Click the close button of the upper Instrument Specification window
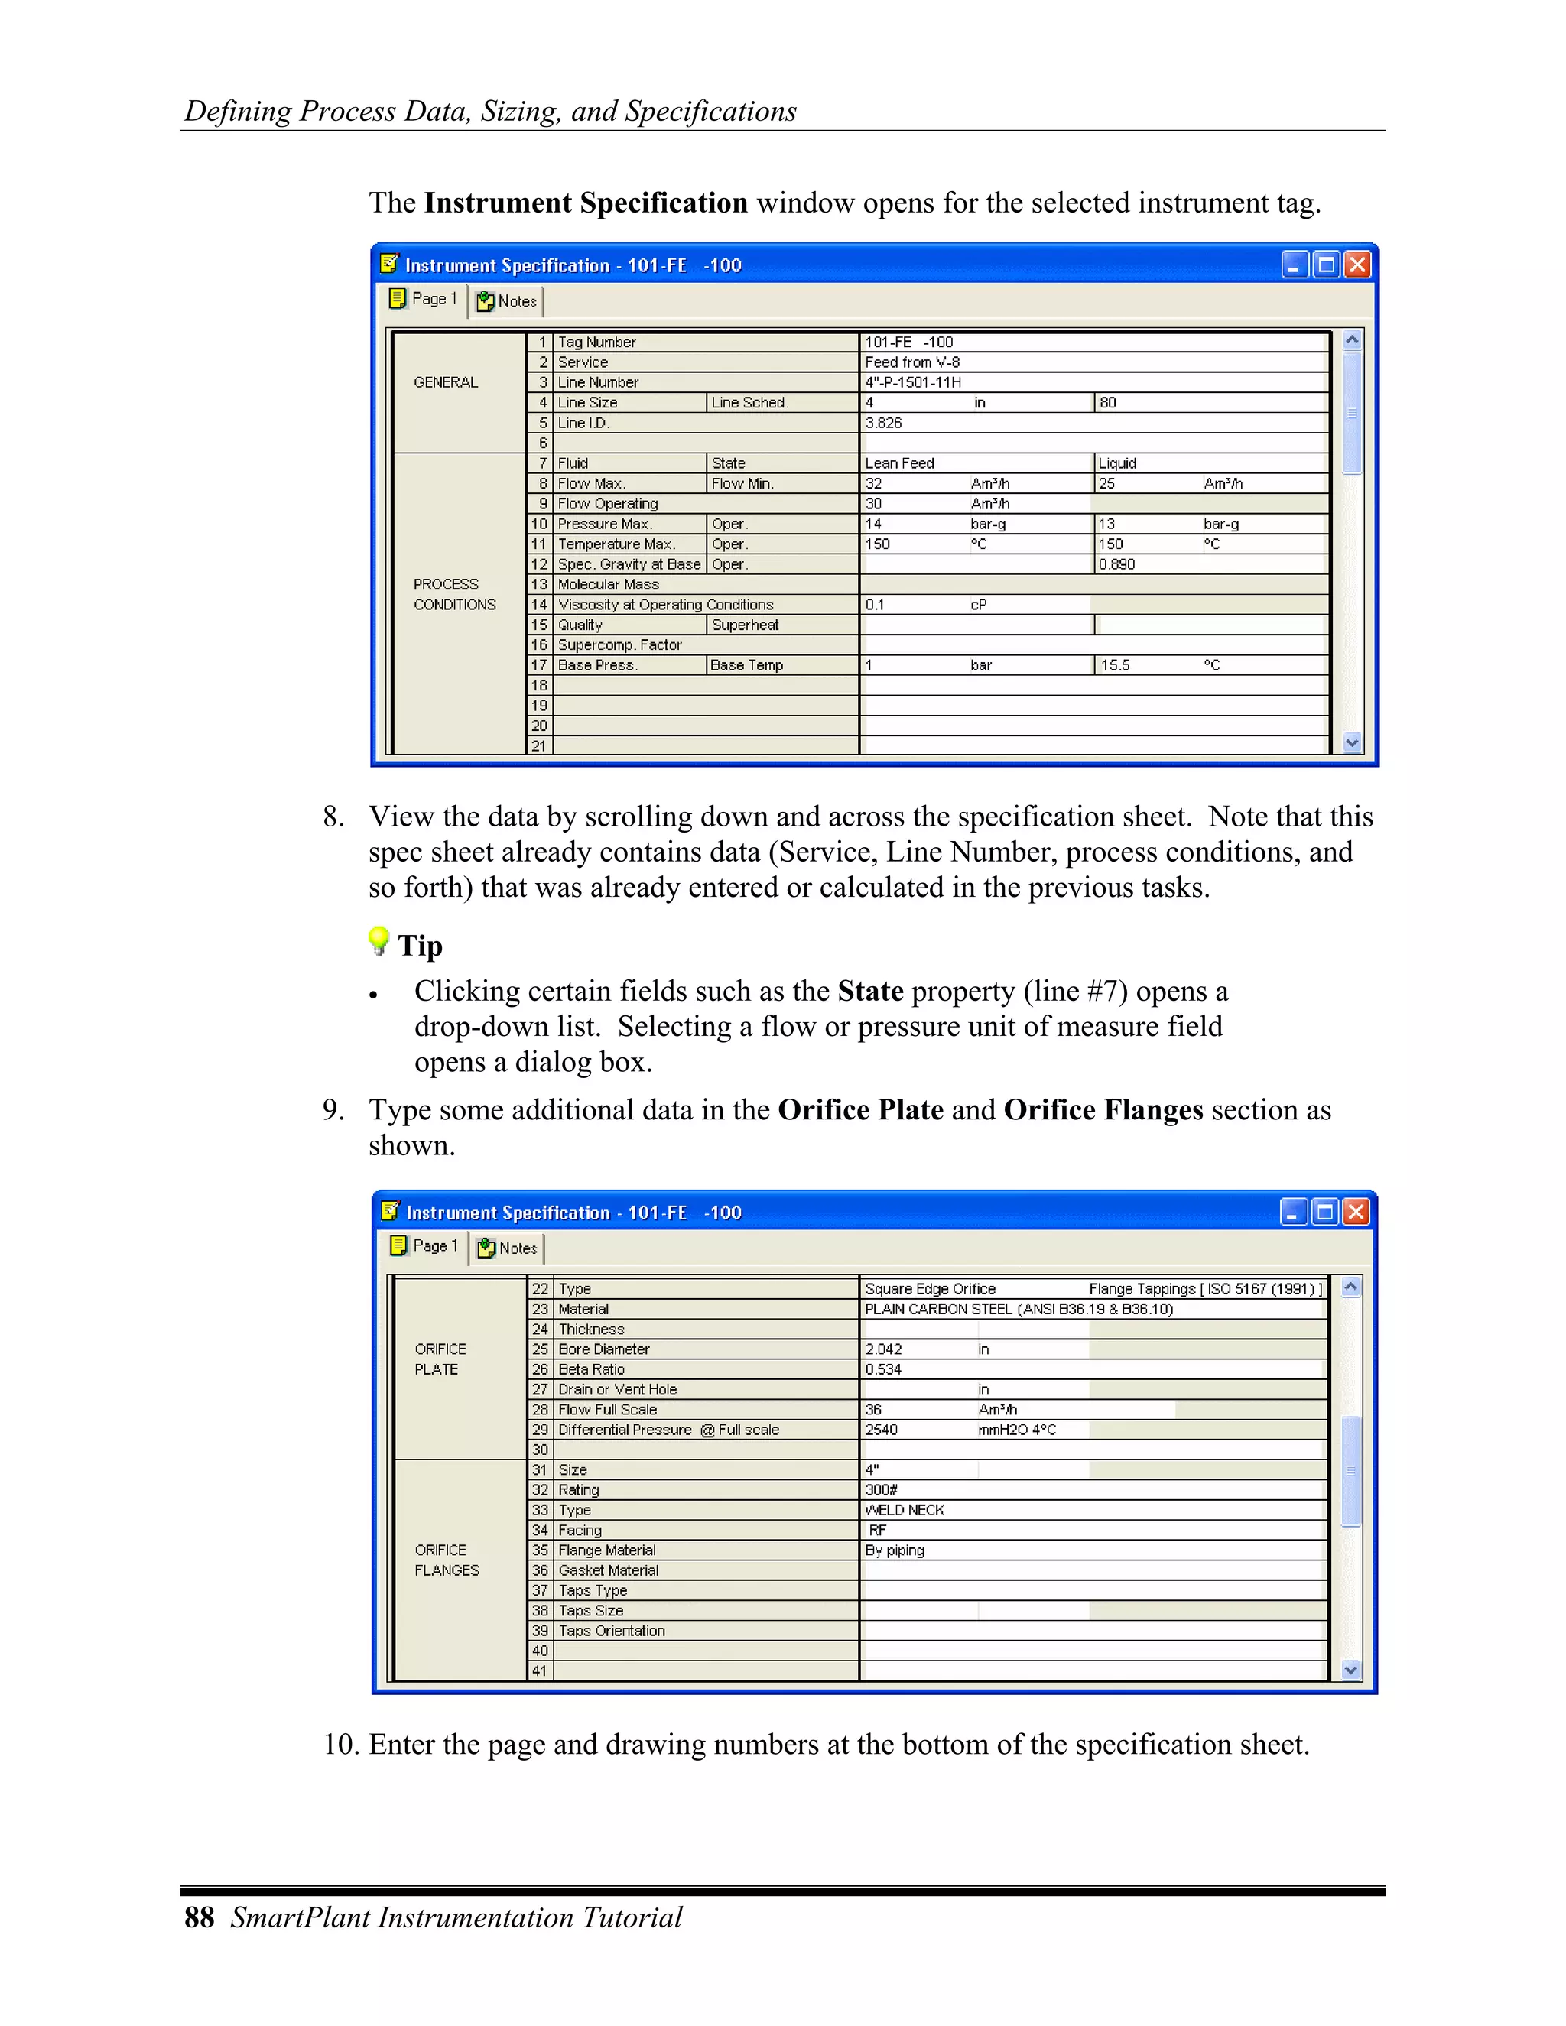click(x=1357, y=265)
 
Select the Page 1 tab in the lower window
click(x=425, y=1246)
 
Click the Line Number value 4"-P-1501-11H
click(x=913, y=382)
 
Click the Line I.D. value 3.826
click(x=883, y=423)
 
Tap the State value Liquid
click(x=1117, y=463)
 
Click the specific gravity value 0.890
click(x=1117, y=564)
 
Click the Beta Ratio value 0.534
click(x=883, y=1369)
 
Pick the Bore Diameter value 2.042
click(x=883, y=1349)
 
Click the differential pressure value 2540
click(x=882, y=1430)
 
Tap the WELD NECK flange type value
click(x=905, y=1510)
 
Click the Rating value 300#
click(x=882, y=1490)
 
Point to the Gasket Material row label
click(x=609, y=1570)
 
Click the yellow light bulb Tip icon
click(x=379, y=940)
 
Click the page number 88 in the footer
click(x=200, y=1917)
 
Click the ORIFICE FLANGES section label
click(x=447, y=1560)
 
